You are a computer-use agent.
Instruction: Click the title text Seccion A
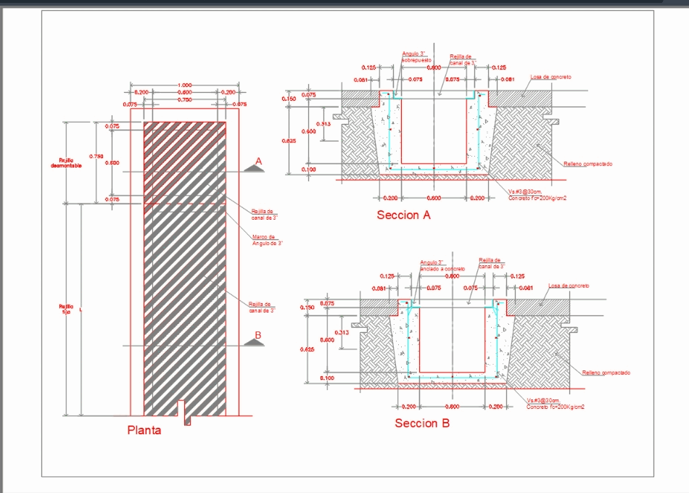pos(403,215)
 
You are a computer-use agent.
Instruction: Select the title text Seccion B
pos(421,423)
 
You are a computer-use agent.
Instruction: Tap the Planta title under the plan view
pos(144,430)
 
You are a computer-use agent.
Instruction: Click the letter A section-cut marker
pos(258,159)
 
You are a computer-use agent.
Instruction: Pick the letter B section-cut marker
pos(257,335)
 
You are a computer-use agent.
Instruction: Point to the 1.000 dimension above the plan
pos(184,86)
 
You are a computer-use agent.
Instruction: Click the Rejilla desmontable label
pos(70,162)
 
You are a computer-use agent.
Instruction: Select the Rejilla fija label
pos(66,310)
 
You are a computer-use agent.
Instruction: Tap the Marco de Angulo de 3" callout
pos(266,240)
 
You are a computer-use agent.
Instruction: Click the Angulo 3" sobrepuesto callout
pos(416,57)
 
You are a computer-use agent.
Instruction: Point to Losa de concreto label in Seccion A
pos(550,77)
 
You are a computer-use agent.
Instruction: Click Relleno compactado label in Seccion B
pos(606,373)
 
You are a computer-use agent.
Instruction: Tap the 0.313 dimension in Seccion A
pos(324,124)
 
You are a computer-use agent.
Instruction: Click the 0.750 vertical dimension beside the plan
pos(95,156)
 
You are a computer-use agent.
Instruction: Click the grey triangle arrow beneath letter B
pos(253,344)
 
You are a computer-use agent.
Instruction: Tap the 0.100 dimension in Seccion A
pos(308,170)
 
